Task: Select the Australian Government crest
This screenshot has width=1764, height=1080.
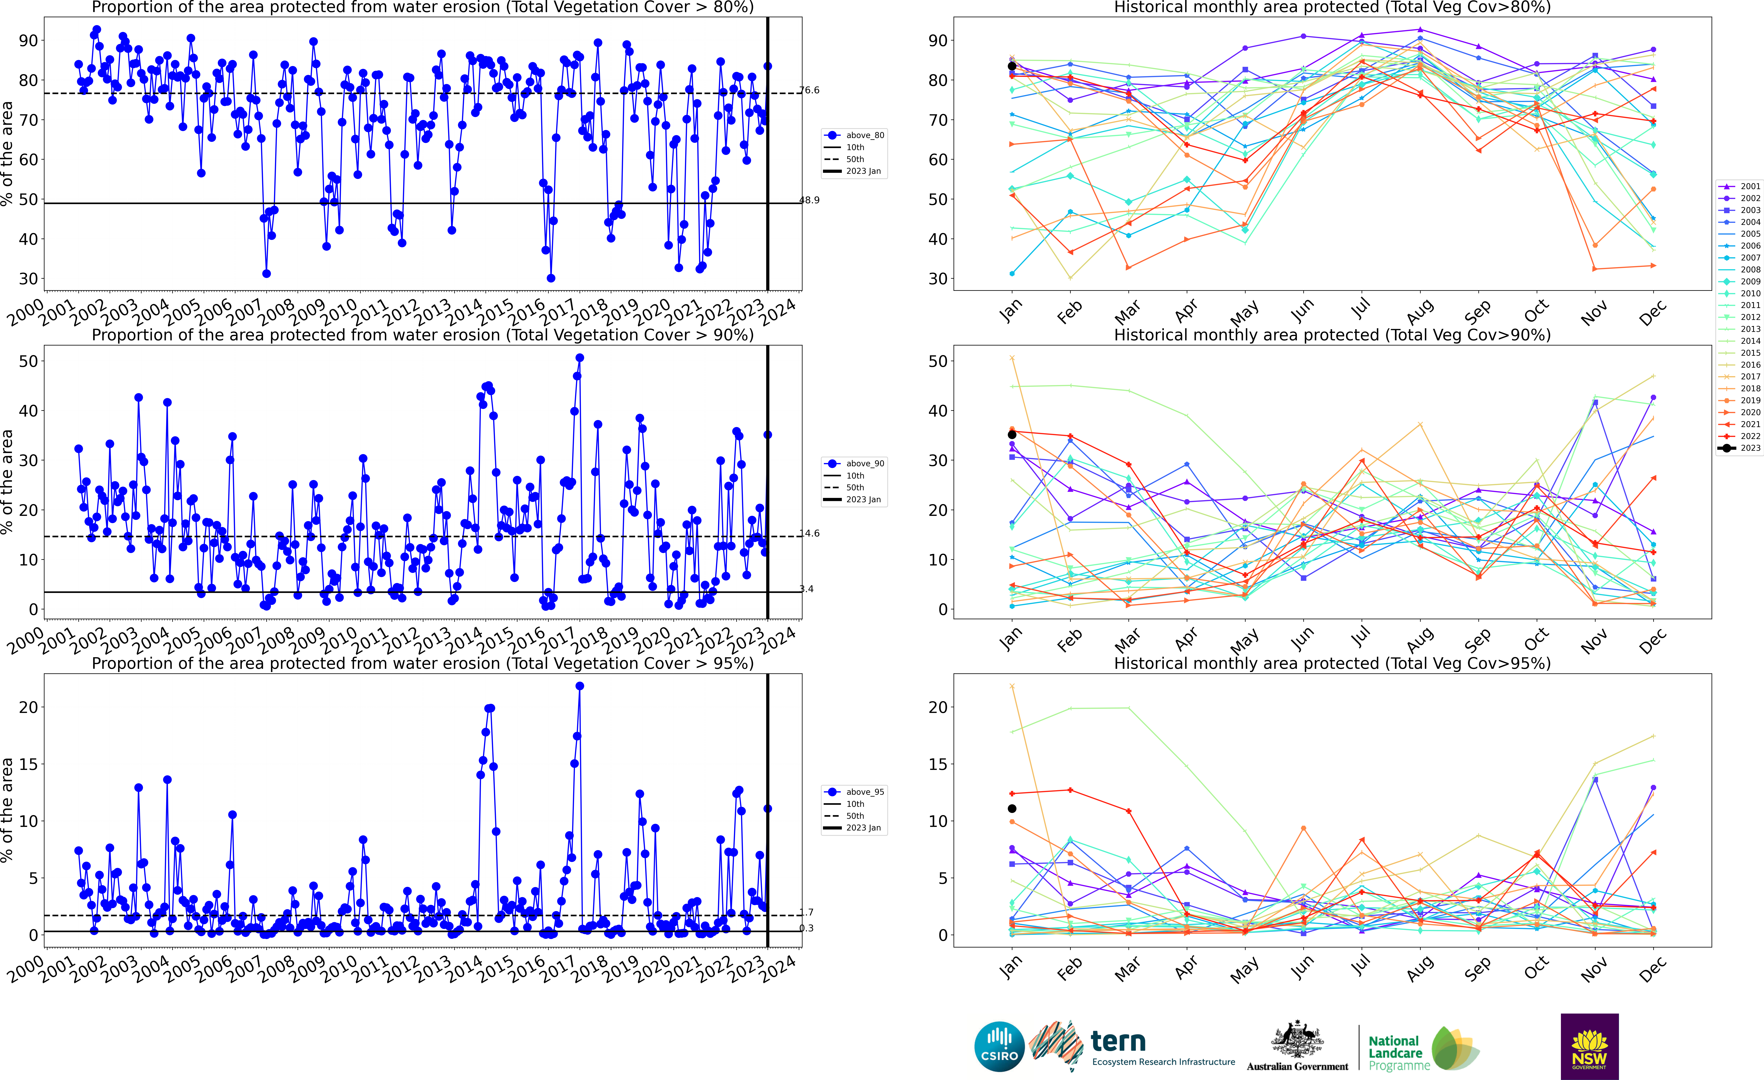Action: [1297, 1040]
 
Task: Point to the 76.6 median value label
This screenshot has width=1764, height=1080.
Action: [810, 90]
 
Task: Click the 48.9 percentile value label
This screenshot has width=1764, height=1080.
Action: [810, 200]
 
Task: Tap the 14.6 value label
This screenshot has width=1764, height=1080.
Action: [810, 533]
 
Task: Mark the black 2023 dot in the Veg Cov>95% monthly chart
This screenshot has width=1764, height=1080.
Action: [1012, 809]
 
